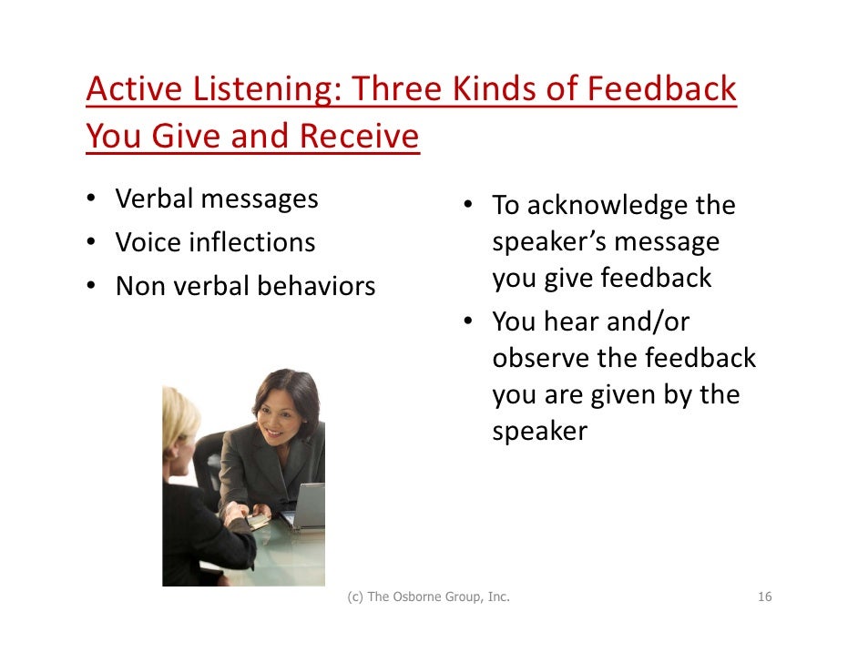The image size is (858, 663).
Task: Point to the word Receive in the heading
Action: pos(359,137)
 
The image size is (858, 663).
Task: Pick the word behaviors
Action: pos(316,286)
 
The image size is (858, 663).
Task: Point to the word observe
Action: pos(541,358)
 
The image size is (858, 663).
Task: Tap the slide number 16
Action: pos(764,597)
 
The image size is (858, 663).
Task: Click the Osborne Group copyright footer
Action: pos(428,597)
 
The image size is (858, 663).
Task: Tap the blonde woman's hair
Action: pos(180,419)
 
